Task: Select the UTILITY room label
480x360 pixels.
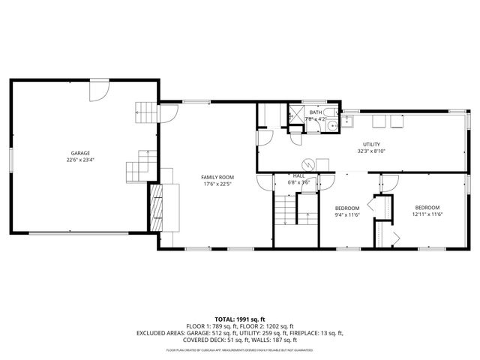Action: (x=370, y=144)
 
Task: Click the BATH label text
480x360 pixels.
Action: (x=315, y=112)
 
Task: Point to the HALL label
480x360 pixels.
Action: (x=298, y=175)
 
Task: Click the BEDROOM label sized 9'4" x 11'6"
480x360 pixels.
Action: (x=347, y=208)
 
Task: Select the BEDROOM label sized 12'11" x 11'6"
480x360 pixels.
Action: (x=427, y=207)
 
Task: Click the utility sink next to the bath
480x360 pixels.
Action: (x=347, y=123)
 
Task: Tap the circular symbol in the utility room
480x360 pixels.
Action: (x=306, y=163)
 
